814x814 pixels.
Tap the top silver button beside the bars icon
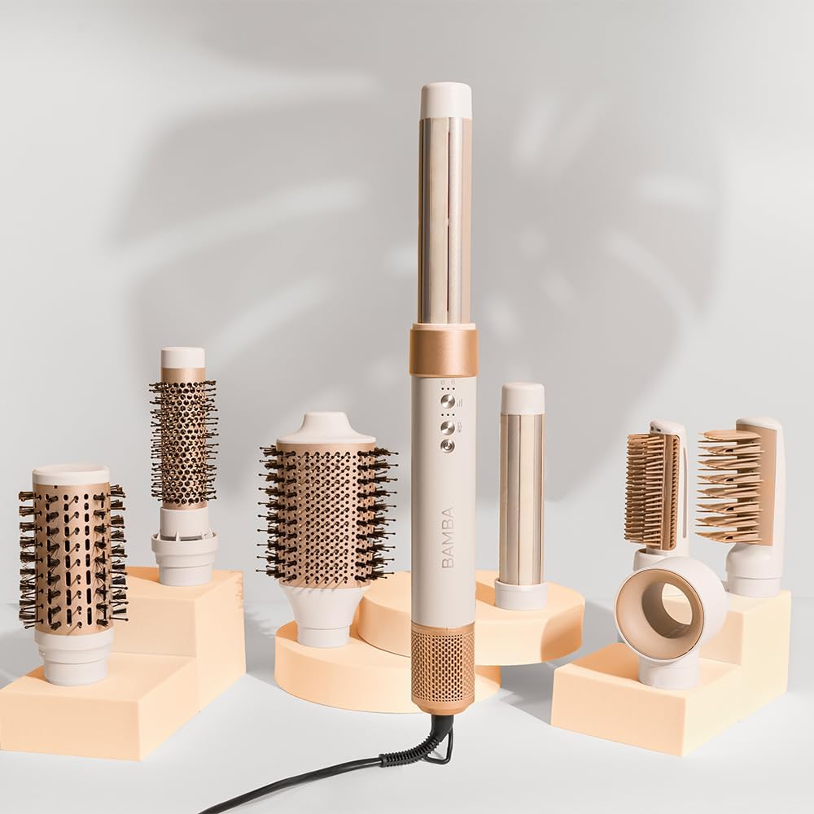(447, 400)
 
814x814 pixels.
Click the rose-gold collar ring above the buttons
(443, 350)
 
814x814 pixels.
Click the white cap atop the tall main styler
(445, 100)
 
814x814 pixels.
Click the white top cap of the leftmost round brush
(71, 475)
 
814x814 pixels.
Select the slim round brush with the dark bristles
(183, 444)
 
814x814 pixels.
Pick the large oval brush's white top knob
(326, 427)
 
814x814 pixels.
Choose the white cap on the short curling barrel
(523, 397)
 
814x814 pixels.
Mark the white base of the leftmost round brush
(75, 655)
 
